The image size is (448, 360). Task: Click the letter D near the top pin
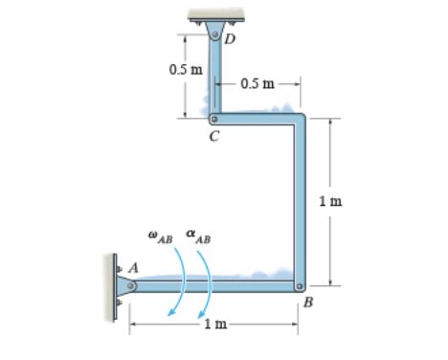pos(229,39)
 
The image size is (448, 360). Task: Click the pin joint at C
pos(213,120)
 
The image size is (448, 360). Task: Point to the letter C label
pos(213,137)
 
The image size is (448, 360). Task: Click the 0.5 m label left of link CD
pos(185,70)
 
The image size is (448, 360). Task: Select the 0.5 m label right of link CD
pos(258,83)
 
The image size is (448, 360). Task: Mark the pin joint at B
pos(300,285)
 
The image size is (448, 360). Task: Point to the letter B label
pos(308,303)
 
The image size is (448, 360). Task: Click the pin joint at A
pos(130,284)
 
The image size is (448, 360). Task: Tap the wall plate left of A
pos(114,283)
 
